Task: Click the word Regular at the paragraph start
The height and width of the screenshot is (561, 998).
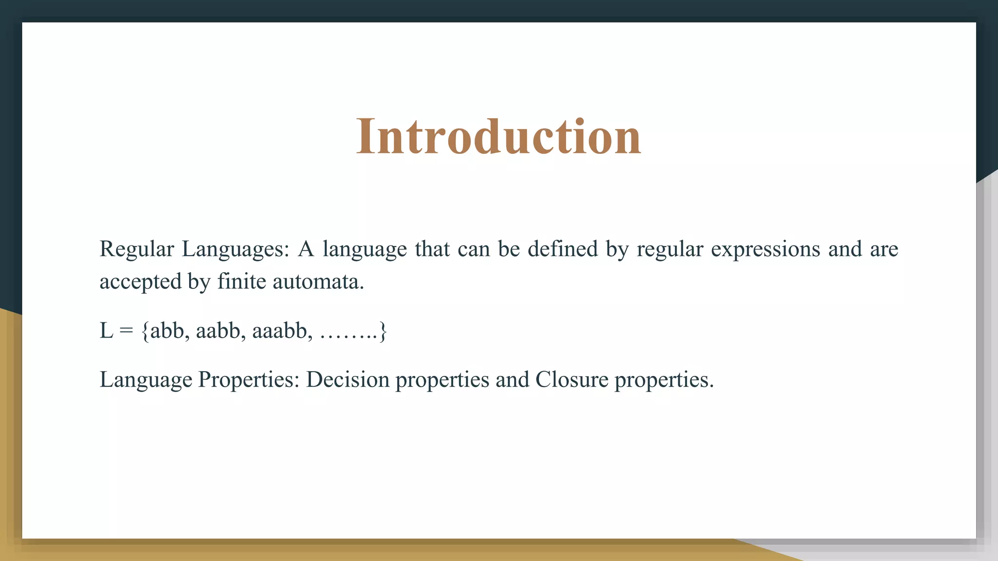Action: (x=136, y=249)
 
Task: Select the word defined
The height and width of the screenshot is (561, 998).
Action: (x=562, y=249)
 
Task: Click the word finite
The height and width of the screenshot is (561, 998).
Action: (x=242, y=281)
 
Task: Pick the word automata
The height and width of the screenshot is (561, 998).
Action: (x=318, y=281)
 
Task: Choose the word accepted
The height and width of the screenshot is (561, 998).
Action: (x=140, y=281)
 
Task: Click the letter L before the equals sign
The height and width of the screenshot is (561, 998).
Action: (x=106, y=331)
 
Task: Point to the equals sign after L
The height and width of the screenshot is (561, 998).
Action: (x=126, y=331)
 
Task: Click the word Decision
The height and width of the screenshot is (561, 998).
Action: (x=348, y=380)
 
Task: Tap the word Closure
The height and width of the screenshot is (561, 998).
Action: (x=572, y=380)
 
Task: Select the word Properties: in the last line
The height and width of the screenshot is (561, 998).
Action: (x=249, y=380)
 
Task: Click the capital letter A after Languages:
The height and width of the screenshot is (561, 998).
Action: (x=306, y=249)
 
